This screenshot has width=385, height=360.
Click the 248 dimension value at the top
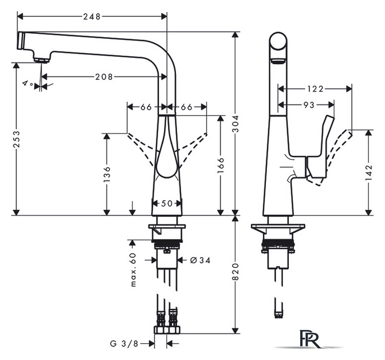pos(92,17)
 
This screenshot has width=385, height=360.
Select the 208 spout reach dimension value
pos(104,77)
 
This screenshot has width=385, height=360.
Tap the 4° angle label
pos(28,83)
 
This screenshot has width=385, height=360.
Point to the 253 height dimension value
pos(17,139)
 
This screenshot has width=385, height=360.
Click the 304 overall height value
pos(235,124)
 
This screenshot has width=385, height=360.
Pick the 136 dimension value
pos(107,174)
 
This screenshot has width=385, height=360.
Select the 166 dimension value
pos(221,165)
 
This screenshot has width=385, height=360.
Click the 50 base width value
pos(167,204)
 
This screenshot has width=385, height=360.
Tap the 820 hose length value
pos(235,272)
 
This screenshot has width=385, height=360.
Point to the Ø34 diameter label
pos(200,260)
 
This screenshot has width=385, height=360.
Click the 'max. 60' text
pos(133,269)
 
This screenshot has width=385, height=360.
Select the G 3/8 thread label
pos(124,343)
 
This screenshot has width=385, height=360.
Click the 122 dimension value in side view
pos(315,89)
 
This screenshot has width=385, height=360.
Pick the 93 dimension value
pos(309,105)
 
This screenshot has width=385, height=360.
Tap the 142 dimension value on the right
pos(369,173)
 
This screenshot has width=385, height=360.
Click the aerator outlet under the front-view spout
pos(41,60)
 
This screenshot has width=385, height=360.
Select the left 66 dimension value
pos(146,107)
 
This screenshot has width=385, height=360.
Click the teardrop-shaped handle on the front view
pos(167,152)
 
